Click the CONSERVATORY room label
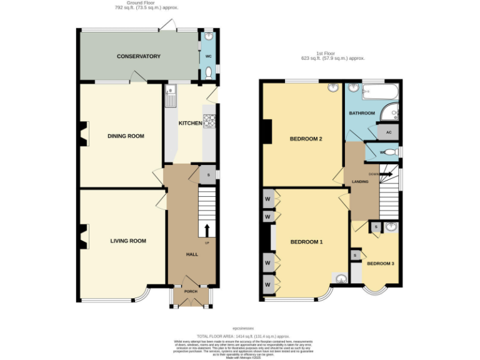138,56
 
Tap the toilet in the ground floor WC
208,73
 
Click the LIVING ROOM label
128,241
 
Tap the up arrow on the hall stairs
207,229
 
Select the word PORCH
190,292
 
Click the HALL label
191,254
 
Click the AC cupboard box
388,132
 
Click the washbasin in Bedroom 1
341,279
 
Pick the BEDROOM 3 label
380,263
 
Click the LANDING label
360,181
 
